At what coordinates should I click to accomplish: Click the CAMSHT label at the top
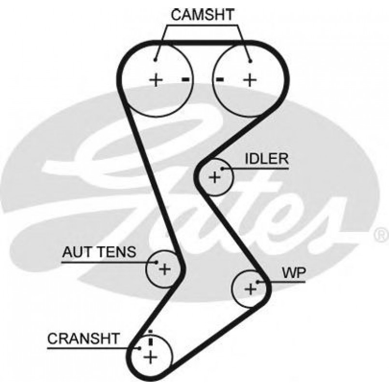coord(202,14)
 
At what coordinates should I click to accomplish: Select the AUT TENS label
coord(100,252)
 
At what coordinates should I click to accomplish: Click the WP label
coord(294,273)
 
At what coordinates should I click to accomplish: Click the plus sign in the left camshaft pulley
coord(156,79)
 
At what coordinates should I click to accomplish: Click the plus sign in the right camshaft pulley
coord(249,79)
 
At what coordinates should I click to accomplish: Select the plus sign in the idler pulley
coord(215,178)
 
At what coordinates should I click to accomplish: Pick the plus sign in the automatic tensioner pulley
coord(165,269)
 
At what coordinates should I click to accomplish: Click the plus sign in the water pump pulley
coord(250,289)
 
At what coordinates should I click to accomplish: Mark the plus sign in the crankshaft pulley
coord(151,357)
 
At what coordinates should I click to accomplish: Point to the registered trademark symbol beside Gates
coord(382,235)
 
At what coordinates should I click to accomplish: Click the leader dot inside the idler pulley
coord(222,169)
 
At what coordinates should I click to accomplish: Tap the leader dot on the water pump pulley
coord(259,282)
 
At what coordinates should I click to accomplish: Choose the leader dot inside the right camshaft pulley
coord(250,61)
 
